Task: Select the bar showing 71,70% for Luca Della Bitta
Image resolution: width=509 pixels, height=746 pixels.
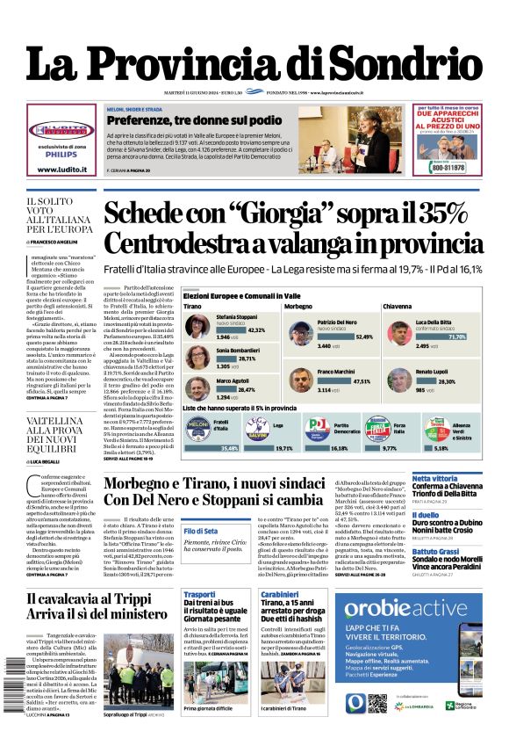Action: (456, 337)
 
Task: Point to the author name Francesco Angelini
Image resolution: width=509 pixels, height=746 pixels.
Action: (62, 241)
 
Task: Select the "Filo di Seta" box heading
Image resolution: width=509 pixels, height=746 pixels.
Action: (201, 531)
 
